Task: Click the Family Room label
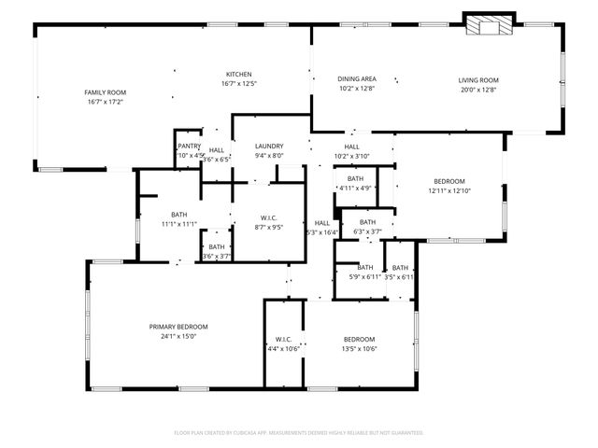106,92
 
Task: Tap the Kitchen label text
239,75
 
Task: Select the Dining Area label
356,79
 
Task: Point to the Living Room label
478,80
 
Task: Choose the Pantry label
189,146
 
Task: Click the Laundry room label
269,147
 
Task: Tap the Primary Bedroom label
178,327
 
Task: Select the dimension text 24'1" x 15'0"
178,336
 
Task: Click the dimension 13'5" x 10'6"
359,348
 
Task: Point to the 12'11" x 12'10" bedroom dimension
449,190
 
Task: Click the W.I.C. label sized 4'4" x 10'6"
283,339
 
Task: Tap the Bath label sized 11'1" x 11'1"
178,215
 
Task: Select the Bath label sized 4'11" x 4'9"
355,178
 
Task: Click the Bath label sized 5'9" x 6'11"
364,267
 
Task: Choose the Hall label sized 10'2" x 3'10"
351,147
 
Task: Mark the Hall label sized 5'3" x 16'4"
321,223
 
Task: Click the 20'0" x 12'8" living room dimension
478,90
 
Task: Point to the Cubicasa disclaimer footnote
299,433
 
